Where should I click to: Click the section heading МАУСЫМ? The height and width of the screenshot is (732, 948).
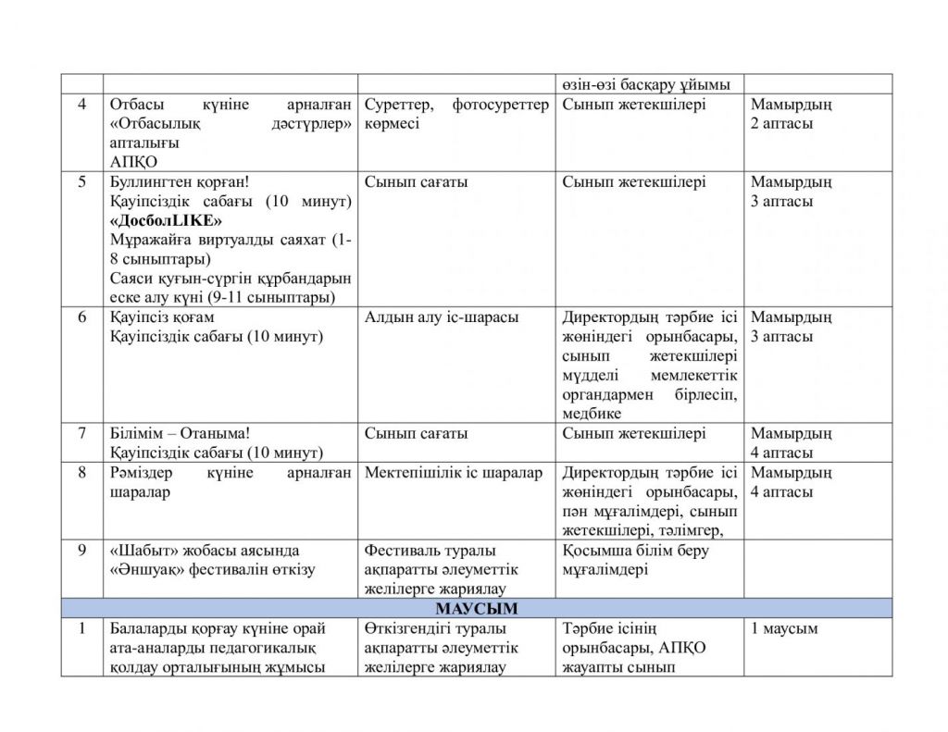pos(477,608)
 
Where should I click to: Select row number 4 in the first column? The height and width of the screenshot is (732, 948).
pos(82,105)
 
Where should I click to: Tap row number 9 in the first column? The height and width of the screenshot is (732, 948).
pos(82,551)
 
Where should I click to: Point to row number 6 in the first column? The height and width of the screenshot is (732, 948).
pos(82,317)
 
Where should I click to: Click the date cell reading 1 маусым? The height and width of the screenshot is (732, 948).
pos(784,628)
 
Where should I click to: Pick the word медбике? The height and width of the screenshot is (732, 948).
pos(592,414)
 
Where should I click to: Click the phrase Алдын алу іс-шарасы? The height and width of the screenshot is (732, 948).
pos(442,317)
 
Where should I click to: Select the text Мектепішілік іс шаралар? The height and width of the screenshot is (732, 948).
pos(454,473)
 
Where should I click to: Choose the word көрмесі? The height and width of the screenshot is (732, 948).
pos(392,124)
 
